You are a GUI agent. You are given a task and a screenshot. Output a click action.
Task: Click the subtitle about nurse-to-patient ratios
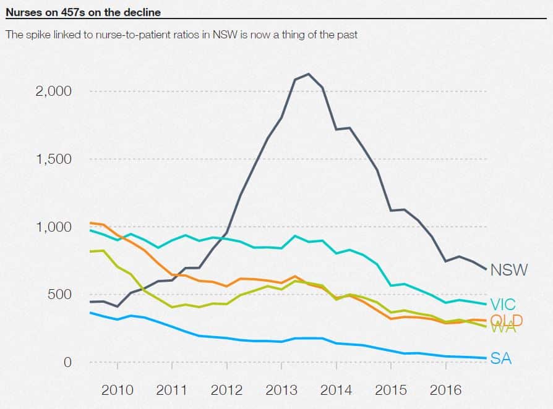(181, 35)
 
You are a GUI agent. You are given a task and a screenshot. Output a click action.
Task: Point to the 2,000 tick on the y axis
(54, 91)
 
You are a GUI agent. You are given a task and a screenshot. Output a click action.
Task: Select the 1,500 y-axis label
(54, 159)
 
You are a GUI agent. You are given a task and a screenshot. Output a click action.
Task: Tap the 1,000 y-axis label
(54, 227)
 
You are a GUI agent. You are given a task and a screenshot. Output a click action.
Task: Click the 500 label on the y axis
(60, 294)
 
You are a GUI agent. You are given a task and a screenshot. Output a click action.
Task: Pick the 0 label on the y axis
(68, 362)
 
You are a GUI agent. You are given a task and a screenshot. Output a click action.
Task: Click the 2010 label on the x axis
(117, 390)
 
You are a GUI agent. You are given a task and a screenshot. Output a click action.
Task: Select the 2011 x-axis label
(172, 390)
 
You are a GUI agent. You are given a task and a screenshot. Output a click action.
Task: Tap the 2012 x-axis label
(226, 390)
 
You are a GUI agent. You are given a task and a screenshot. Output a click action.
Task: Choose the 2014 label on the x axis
(336, 390)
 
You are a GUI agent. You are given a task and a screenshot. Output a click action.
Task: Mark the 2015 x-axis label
(391, 390)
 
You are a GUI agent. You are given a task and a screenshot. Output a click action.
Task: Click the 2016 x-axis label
(445, 390)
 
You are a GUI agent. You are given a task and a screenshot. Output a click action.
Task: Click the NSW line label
(509, 270)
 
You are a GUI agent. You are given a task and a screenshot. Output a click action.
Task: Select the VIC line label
(503, 304)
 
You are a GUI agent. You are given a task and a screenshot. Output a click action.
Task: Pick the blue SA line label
(501, 358)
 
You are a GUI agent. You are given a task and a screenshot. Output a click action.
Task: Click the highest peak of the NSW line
(309, 74)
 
